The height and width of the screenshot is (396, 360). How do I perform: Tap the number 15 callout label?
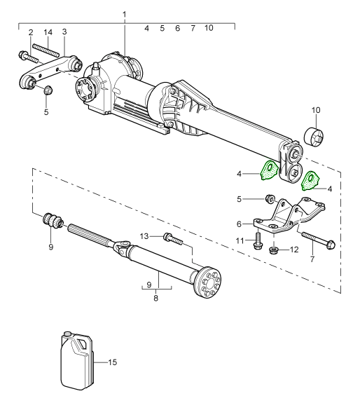[112, 362]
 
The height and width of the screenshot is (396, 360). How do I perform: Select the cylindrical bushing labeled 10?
[314, 137]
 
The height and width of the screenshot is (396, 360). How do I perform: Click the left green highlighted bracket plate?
[269, 170]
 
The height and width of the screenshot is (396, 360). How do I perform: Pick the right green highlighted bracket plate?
[310, 182]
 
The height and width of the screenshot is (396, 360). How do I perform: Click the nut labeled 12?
[272, 251]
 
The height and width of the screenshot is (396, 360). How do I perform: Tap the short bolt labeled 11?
[258, 240]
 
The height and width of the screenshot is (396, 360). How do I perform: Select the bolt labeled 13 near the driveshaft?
[173, 239]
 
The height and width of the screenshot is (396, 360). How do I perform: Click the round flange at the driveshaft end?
[208, 282]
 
